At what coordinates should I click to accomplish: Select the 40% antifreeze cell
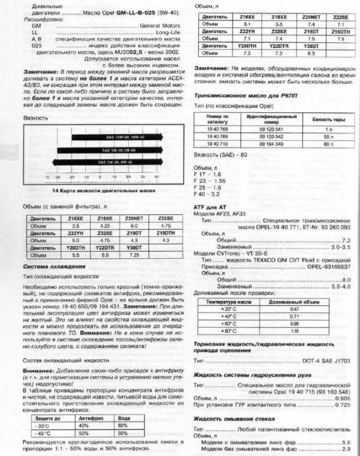tap(84, 426)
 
